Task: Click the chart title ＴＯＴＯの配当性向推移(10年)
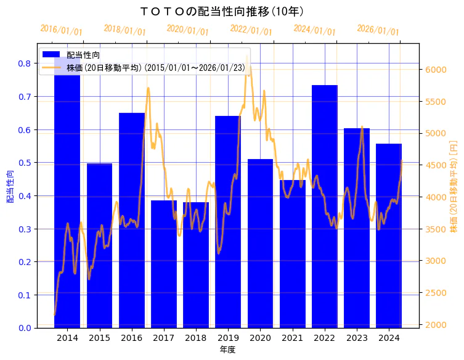222,11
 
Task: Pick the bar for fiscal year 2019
228,222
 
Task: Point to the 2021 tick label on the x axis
292,338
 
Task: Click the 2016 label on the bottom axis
131,338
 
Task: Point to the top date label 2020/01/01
188,30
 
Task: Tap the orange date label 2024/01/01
314,30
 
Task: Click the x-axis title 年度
227,350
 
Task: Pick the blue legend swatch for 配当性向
51,55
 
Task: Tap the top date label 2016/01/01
62,30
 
